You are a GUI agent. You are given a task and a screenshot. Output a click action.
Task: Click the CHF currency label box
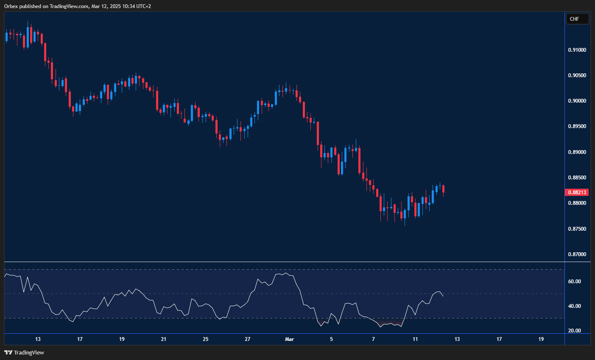coord(577,19)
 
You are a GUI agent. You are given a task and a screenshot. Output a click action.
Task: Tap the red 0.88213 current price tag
coord(577,193)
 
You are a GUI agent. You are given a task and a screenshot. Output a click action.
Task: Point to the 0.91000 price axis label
coord(577,50)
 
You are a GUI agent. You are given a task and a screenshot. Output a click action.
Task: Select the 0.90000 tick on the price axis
coord(577,101)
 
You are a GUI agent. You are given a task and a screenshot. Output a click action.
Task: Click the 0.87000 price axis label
coord(577,254)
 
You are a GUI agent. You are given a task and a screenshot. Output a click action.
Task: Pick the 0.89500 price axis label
coord(577,126)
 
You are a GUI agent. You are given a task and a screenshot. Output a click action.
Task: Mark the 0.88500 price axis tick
coord(577,178)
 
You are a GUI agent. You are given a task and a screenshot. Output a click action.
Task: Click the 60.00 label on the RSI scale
coord(574,282)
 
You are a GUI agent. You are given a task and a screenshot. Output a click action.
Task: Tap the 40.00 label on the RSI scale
coord(574,306)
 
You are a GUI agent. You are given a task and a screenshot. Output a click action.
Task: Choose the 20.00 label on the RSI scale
coord(574,331)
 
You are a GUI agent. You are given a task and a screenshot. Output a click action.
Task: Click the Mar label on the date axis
coord(290,339)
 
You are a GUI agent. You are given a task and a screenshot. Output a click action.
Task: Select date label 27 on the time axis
coord(248,339)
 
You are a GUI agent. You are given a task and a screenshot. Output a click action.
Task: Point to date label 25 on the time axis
coord(206,339)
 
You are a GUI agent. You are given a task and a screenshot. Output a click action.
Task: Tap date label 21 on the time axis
coord(164,339)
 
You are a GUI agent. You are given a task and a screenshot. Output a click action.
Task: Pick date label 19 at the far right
coord(541,339)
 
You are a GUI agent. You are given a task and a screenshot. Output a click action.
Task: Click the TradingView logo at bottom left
coord(24,352)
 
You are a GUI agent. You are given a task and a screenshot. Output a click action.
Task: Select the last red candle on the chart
coord(443,189)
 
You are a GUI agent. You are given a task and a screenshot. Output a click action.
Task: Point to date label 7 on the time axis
coord(374,339)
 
